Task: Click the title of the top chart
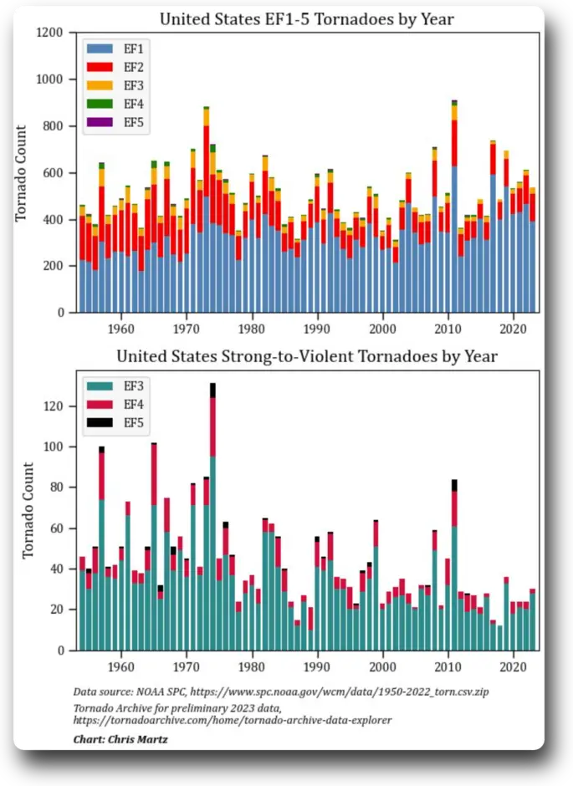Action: coord(306,19)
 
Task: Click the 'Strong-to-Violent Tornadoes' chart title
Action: coord(306,357)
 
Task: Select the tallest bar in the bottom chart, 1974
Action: coord(212,518)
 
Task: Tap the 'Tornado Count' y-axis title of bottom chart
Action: coord(28,510)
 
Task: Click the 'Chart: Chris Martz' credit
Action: coord(120,739)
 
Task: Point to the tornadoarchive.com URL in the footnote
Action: coord(232,720)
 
